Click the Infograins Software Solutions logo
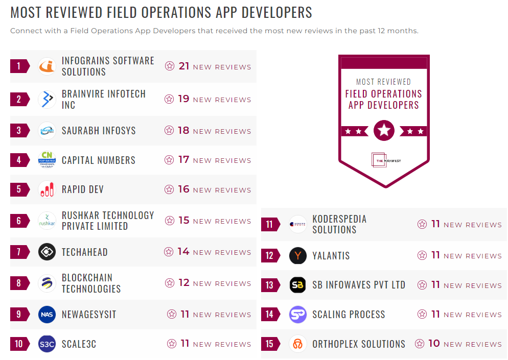[x=47, y=66]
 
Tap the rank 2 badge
[x=19, y=99]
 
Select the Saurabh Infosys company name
[x=99, y=131]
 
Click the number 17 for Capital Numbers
[x=183, y=160]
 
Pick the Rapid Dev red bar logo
[x=47, y=189]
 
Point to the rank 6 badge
[x=19, y=221]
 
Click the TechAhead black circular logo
[x=47, y=252]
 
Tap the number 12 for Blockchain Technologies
[x=184, y=283]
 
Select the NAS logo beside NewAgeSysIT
[x=47, y=315]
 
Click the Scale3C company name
[x=79, y=344]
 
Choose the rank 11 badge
[x=270, y=224]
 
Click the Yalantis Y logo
[x=298, y=255]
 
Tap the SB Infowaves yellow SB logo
[x=298, y=285]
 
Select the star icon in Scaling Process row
[x=422, y=315]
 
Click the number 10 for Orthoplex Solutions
[x=434, y=344]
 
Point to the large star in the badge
[x=384, y=131]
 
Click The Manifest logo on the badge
[x=384, y=160]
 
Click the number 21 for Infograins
[x=184, y=66]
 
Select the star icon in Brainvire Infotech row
[x=169, y=100]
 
